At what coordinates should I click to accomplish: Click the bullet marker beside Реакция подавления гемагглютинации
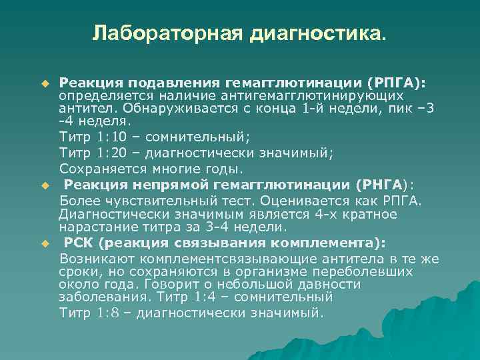tap(45, 85)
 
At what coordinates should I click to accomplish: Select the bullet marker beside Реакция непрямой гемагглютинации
tap(45, 185)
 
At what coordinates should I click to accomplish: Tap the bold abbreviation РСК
tap(79, 242)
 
